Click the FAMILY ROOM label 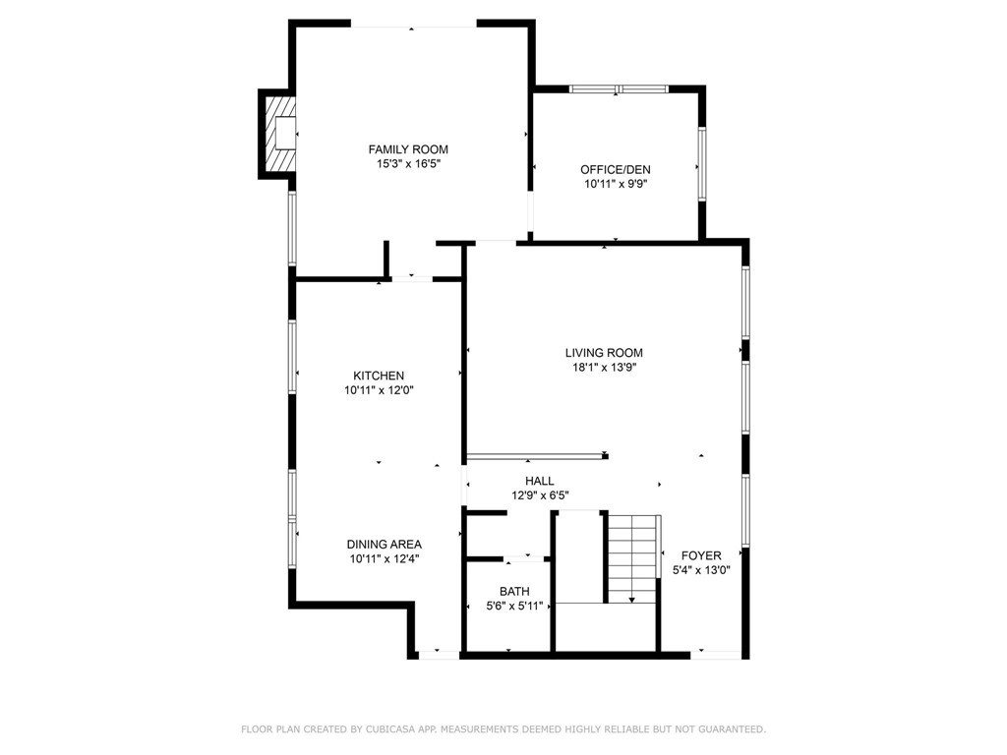[408, 149]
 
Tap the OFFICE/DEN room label [615, 169]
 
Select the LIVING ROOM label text [604, 353]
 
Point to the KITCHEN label [379, 376]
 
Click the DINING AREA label [384, 545]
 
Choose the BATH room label [514, 591]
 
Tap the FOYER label [702, 555]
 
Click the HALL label [540, 481]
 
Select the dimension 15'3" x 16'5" [408, 164]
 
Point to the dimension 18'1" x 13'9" [604, 368]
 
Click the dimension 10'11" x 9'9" [615, 184]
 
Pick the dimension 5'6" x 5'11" [514, 606]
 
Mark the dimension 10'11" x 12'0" [379, 390]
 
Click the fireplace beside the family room [279, 134]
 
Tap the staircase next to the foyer [630, 558]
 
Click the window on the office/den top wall [618, 89]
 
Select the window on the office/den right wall [701, 163]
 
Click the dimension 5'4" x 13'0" [702, 570]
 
